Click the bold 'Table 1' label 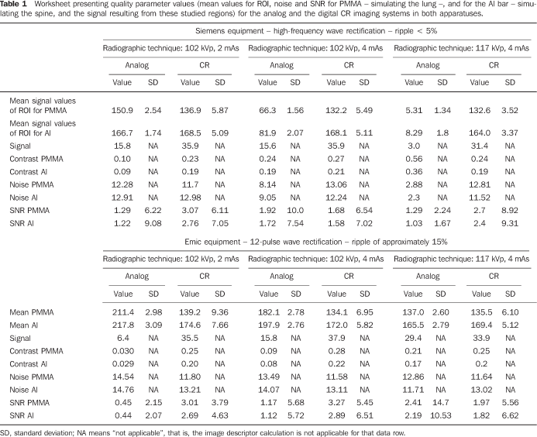[14, 4]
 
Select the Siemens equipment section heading [316, 31]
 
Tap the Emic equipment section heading [315, 242]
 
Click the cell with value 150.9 [122, 110]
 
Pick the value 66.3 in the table [267, 110]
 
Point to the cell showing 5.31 [414, 110]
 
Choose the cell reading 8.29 [414, 132]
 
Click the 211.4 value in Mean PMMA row [123, 312]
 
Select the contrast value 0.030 [123, 351]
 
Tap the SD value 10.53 [441, 415]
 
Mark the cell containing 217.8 [123, 325]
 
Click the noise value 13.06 [336, 184]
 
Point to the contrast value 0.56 [414, 159]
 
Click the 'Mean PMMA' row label [32, 312]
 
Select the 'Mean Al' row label [23, 325]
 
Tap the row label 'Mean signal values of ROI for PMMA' [43, 105]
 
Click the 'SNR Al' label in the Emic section [22, 415]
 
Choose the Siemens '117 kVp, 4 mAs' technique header [461, 48]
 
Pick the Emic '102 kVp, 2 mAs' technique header [171, 259]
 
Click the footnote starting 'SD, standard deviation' [203, 433]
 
